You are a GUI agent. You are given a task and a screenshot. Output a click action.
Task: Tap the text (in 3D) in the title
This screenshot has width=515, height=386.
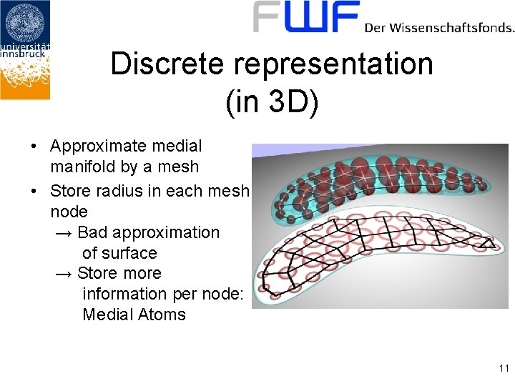(272, 103)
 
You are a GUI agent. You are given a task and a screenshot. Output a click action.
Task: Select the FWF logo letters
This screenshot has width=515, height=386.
(306, 17)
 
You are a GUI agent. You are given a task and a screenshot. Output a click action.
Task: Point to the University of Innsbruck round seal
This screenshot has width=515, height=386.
(26, 22)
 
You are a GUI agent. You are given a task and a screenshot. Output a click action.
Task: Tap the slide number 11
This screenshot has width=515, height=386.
(504, 369)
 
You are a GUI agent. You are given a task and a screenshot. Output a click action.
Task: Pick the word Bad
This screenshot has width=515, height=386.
(93, 232)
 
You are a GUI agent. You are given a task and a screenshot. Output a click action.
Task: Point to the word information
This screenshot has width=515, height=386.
(125, 294)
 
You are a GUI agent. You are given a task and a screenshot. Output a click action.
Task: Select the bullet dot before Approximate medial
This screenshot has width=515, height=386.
(34, 147)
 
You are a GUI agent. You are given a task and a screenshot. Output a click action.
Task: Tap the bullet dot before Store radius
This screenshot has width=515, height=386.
(34, 191)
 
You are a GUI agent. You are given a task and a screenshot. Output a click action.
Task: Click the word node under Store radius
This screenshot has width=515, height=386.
(69, 212)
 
